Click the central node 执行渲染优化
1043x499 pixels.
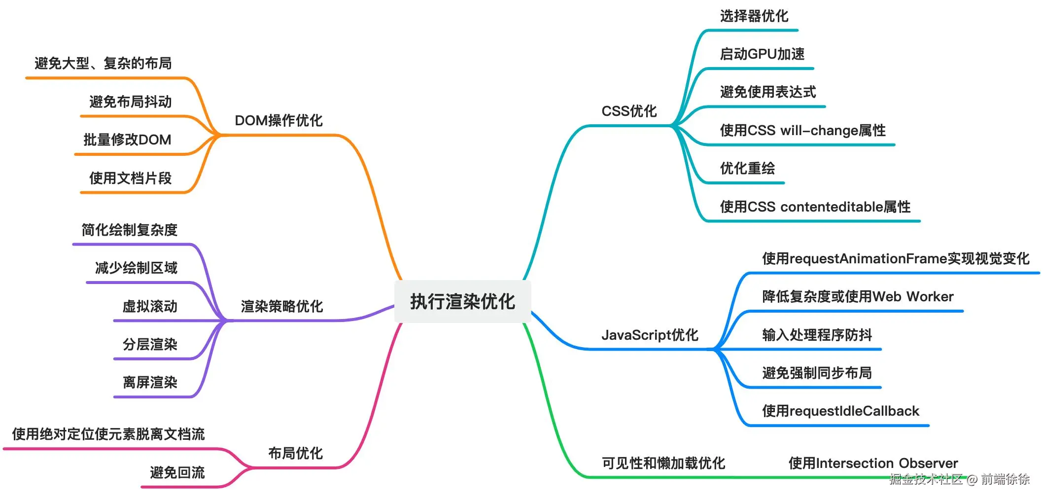(x=462, y=301)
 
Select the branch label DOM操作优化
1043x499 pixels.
(x=278, y=120)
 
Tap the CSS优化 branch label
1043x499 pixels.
(x=629, y=111)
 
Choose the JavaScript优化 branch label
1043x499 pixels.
(x=650, y=335)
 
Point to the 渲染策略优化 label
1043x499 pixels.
(x=282, y=306)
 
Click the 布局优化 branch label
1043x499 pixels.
(x=295, y=453)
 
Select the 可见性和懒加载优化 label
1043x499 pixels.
(x=663, y=463)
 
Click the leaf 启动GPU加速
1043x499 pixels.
(x=762, y=54)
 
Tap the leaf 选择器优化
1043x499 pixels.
(x=754, y=16)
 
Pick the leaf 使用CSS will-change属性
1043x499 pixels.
(x=802, y=130)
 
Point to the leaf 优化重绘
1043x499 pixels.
(x=747, y=168)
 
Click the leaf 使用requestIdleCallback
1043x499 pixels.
(x=840, y=411)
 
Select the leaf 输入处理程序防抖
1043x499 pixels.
(x=817, y=335)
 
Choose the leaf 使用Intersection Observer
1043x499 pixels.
(x=873, y=463)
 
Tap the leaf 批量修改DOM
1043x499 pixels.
(x=127, y=140)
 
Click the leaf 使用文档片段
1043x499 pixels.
(x=130, y=178)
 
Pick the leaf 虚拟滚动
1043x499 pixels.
(x=150, y=306)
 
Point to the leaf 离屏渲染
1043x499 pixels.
(x=150, y=382)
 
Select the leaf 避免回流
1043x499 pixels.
(x=177, y=472)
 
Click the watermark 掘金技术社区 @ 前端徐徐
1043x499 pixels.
(x=959, y=479)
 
